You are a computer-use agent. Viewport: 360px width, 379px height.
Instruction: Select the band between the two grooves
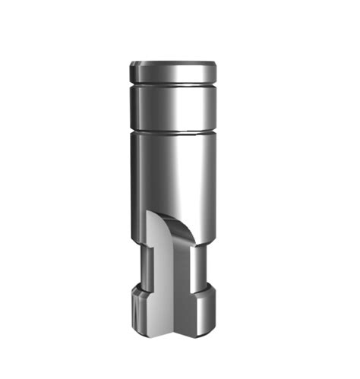coord(173,106)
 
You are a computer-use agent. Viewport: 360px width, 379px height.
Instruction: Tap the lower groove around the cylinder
coord(173,133)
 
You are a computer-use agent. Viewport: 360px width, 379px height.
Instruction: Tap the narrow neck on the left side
coord(142,266)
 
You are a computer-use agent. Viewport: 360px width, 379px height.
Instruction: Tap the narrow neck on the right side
coord(199,266)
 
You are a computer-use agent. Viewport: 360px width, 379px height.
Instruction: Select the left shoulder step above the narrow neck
coord(140,245)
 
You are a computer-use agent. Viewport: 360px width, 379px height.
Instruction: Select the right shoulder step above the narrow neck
coord(202,245)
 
